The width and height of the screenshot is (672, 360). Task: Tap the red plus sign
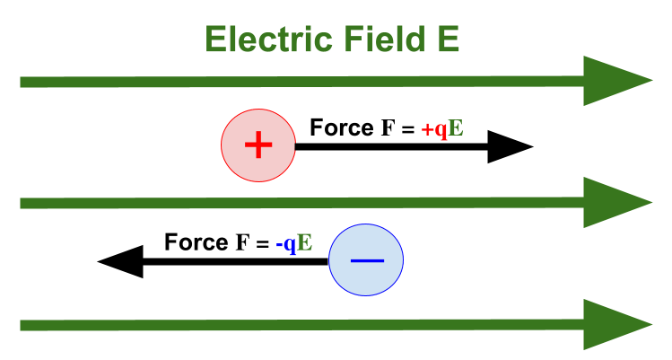(x=257, y=145)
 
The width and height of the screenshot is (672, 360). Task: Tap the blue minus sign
(x=366, y=260)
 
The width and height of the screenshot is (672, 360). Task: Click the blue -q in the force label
(x=287, y=243)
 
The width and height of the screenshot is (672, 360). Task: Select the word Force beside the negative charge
(x=196, y=242)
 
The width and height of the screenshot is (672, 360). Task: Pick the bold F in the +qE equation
(x=387, y=128)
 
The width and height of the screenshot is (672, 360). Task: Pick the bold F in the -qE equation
(x=241, y=243)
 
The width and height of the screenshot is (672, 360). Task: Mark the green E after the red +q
(x=456, y=128)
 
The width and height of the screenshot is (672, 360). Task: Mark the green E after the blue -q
(x=305, y=243)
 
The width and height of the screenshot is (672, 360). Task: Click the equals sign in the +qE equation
(x=406, y=129)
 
